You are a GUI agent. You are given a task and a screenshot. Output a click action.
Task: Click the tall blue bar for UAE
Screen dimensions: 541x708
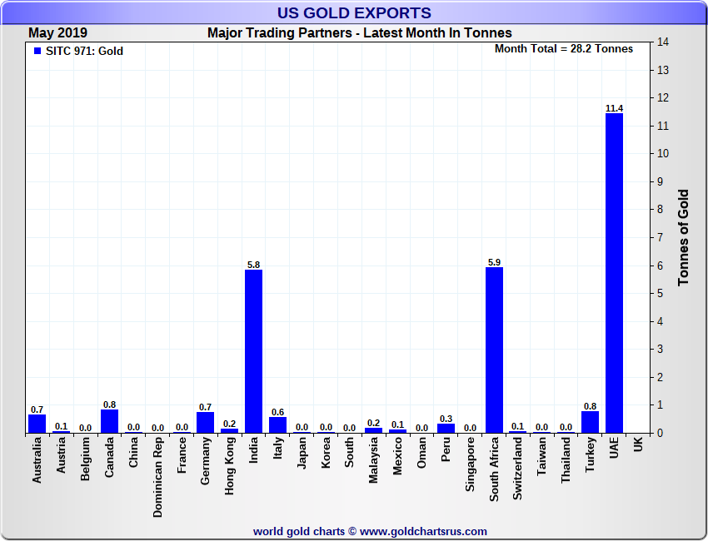point(614,273)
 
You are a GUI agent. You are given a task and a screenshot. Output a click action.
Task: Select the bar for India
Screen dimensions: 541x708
point(254,351)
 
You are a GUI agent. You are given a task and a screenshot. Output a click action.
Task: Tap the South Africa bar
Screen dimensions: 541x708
point(495,350)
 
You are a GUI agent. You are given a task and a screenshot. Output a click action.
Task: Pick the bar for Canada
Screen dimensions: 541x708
point(109,421)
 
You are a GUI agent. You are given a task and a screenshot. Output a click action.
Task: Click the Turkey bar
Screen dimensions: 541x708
point(590,422)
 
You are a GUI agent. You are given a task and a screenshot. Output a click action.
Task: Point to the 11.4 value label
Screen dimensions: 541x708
point(614,108)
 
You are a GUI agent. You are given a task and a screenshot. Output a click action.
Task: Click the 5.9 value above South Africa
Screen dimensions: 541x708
point(495,262)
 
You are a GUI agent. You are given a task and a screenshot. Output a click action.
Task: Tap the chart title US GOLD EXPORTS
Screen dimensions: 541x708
point(354,12)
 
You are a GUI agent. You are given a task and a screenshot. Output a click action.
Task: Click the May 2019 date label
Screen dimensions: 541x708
point(58,33)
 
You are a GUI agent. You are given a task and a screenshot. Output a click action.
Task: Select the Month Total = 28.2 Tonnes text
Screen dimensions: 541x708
point(564,48)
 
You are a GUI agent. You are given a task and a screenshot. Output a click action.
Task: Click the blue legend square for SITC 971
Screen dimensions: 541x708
point(37,51)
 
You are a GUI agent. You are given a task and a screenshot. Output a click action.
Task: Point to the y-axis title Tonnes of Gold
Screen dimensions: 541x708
point(684,237)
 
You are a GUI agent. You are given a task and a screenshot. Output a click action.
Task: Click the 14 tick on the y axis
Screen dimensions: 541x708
point(663,42)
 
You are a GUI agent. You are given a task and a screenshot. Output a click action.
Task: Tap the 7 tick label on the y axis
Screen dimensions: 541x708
point(663,238)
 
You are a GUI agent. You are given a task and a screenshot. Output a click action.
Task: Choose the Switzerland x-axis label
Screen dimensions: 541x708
point(518,470)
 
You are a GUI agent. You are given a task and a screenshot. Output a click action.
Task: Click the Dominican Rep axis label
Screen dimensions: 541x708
point(157,479)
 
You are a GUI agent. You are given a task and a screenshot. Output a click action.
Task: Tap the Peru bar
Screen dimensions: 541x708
point(446,428)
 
